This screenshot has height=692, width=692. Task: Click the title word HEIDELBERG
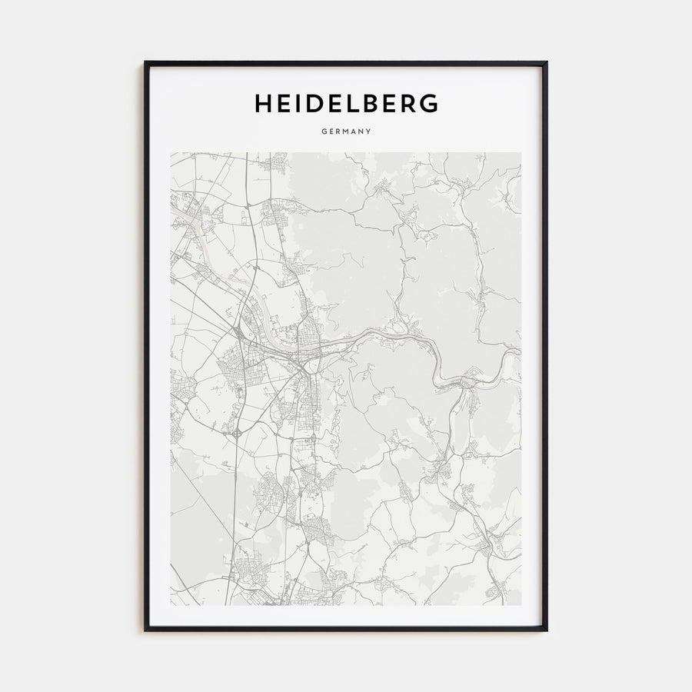click(346, 103)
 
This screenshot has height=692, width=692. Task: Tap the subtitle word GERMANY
click(346, 131)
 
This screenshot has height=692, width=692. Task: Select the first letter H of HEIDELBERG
click(262, 103)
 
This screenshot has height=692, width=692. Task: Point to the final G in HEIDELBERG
click(429, 103)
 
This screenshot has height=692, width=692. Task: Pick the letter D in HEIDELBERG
click(308, 103)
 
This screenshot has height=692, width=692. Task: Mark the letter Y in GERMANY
click(369, 131)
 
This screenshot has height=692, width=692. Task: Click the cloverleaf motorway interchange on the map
click(236, 433)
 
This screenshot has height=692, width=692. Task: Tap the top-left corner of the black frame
click(145, 63)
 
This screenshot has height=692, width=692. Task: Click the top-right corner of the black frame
click(547, 63)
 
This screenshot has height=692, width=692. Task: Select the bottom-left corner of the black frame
click(145, 630)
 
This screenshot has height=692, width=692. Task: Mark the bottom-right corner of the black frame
click(547, 630)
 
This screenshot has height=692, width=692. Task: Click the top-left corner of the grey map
click(171, 152)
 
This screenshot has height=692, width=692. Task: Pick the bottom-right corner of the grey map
click(521, 605)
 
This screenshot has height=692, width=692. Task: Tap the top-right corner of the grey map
click(521, 152)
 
